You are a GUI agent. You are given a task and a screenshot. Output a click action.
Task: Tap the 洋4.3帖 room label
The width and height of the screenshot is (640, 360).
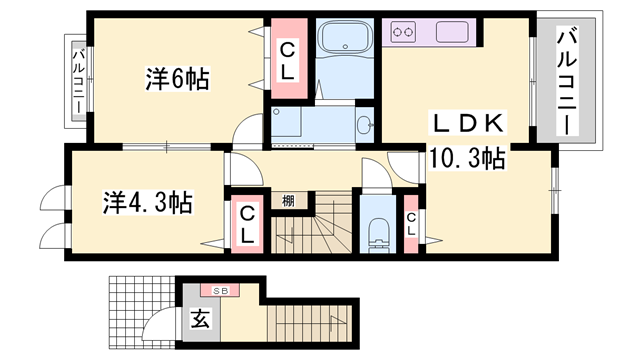coord(147,202)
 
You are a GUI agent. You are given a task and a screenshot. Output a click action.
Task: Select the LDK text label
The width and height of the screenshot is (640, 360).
coord(469,125)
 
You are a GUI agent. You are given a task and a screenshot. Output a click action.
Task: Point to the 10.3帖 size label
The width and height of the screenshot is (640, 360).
coord(467,157)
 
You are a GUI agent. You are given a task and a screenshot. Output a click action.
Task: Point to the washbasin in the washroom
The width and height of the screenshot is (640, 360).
coord(365,125)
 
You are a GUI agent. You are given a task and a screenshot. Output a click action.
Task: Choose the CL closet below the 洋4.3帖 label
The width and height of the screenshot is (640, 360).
coord(246,224)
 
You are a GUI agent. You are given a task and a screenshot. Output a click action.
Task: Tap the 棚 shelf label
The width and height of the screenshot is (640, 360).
coord(288,201)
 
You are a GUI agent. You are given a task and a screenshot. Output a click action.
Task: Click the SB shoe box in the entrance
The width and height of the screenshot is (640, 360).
coord(219,290)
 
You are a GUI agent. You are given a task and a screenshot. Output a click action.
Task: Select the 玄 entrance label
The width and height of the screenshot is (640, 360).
coord(198,322)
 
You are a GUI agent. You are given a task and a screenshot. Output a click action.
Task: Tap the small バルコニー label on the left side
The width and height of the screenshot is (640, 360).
coord(77,82)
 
